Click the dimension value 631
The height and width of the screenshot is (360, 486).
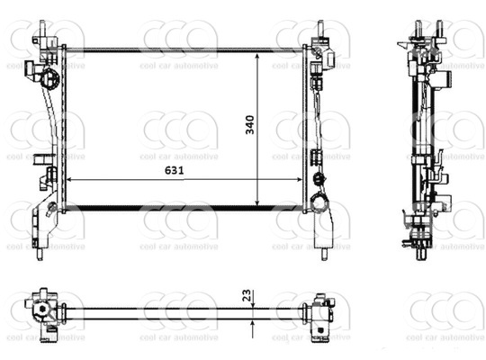pyautogui.click(x=175, y=170)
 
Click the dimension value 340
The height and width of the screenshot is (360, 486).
pyautogui.click(x=250, y=125)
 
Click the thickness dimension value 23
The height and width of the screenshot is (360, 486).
pyautogui.click(x=247, y=295)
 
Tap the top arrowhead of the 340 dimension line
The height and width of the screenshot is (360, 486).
pyautogui.click(x=256, y=57)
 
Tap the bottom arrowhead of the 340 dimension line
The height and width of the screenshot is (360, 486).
pyautogui.click(x=256, y=202)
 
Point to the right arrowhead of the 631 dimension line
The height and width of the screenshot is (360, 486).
pyautogui.click(x=298, y=179)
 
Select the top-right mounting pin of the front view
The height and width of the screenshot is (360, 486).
pyautogui.click(x=320, y=29)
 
